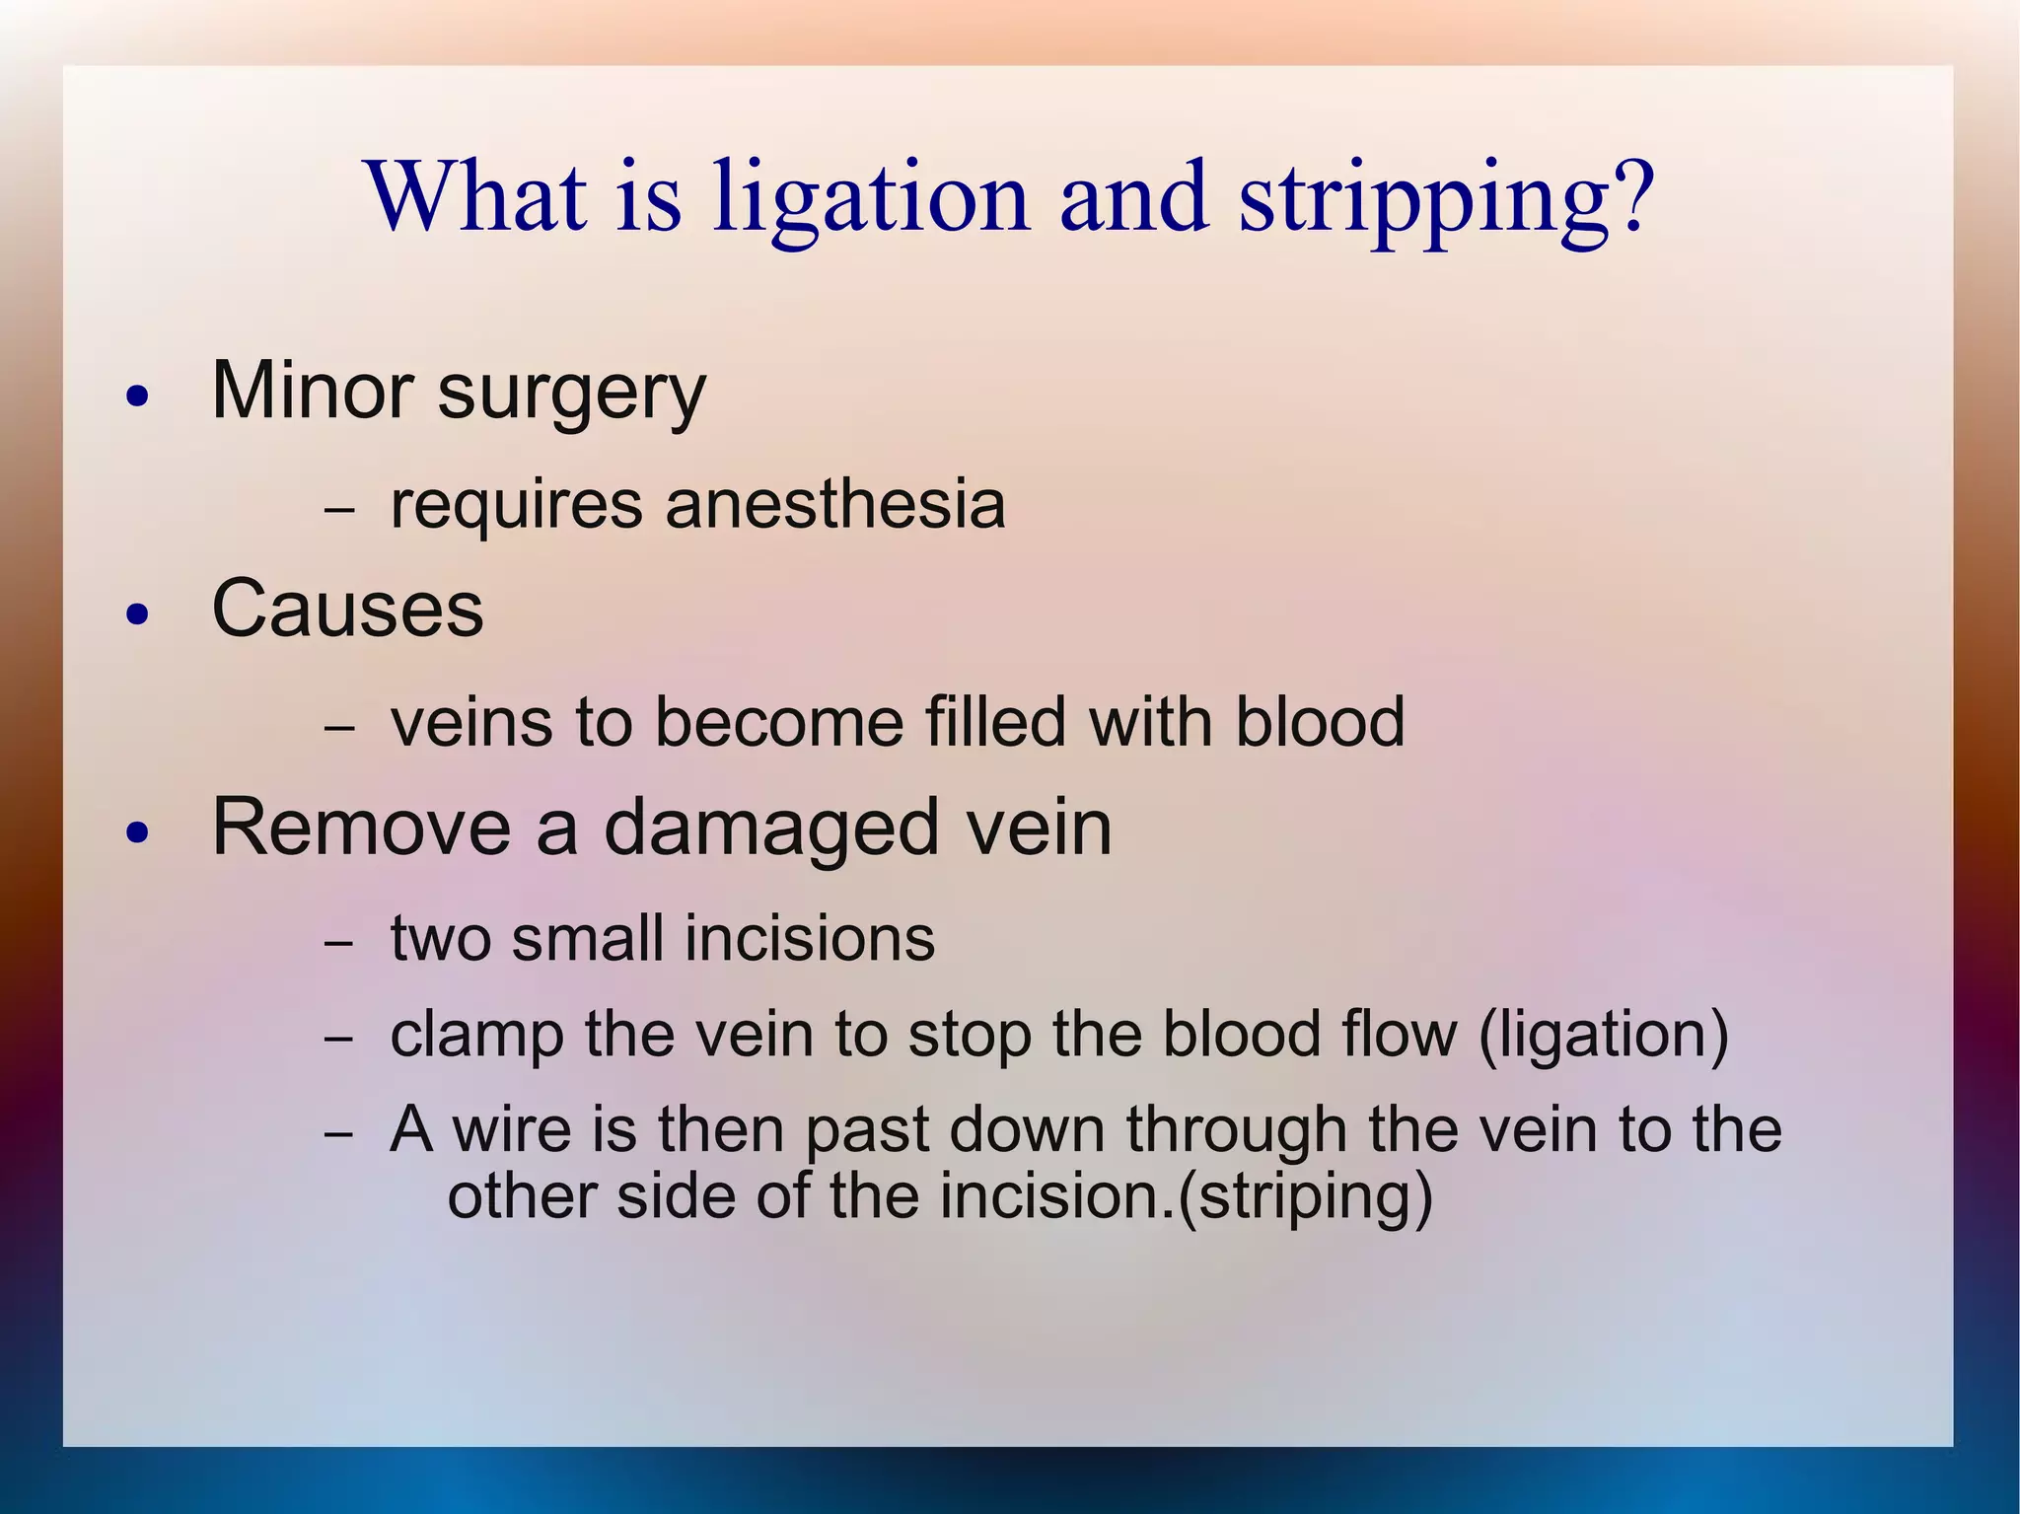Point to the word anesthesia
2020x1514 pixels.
click(x=835, y=505)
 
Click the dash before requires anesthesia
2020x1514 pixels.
click(x=338, y=512)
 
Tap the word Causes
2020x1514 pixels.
click(x=347, y=609)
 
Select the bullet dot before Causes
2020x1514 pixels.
click(x=138, y=615)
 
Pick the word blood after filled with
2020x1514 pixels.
click(x=1320, y=721)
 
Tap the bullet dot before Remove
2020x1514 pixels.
click(x=138, y=834)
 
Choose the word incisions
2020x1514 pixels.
click(x=810, y=937)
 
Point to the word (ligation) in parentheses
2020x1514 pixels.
click(x=1603, y=1036)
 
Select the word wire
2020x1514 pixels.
click(x=511, y=1129)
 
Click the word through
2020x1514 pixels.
click(x=1237, y=1131)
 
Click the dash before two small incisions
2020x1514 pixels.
click(x=338, y=944)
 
